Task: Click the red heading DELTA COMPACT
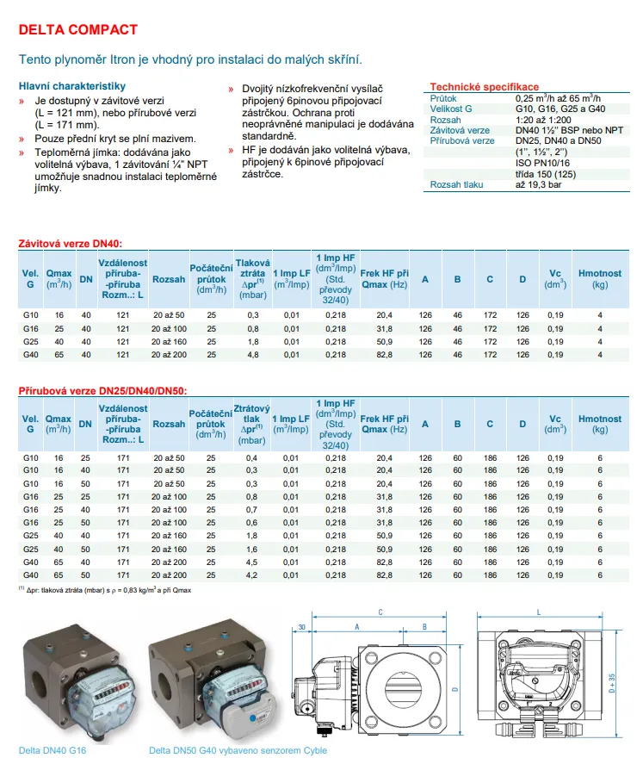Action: coord(77,29)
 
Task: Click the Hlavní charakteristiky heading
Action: coord(72,86)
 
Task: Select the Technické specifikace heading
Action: coord(484,87)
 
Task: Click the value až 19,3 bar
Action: coord(539,185)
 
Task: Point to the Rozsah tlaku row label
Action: coord(457,185)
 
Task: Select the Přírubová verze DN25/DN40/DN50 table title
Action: coord(102,391)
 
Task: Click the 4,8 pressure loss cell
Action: coord(253,354)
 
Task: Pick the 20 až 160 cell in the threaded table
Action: coord(169,341)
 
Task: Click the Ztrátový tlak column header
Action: coord(253,417)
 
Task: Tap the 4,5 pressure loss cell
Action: coord(253,562)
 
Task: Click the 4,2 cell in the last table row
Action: coord(253,575)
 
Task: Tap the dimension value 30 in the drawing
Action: coord(302,626)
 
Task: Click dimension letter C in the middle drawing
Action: coord(380,612)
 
